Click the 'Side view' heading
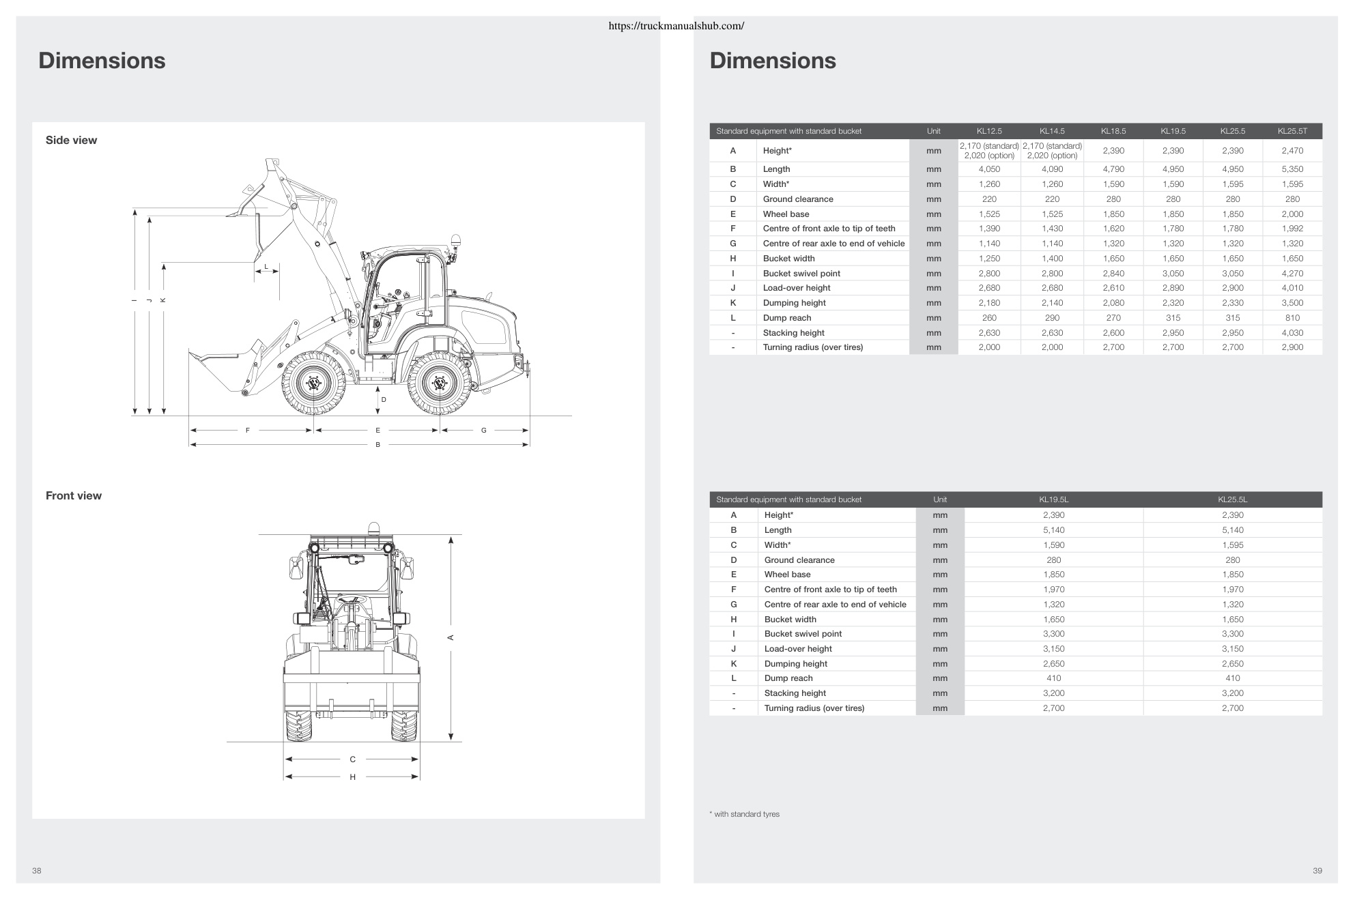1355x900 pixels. pyautogui.click(x=71, y=140)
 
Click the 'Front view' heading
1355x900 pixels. pyautogui.click(x=73, y=495)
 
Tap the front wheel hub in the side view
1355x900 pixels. pyautogui.click(x=314, y=383)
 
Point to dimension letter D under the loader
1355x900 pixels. pyautogui.click(x=384, y=400)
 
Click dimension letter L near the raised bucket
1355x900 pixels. pyautogui.click(x=267, y=266)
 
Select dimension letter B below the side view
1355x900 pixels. pyautogui.click(x=377, y=445)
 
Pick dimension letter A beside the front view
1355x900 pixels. pyautogui.click(x=451, y=637)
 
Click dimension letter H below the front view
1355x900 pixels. pyautogui.click(x=352, y=777)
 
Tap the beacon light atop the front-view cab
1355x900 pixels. pyautogui.click(x=373, y=529)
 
